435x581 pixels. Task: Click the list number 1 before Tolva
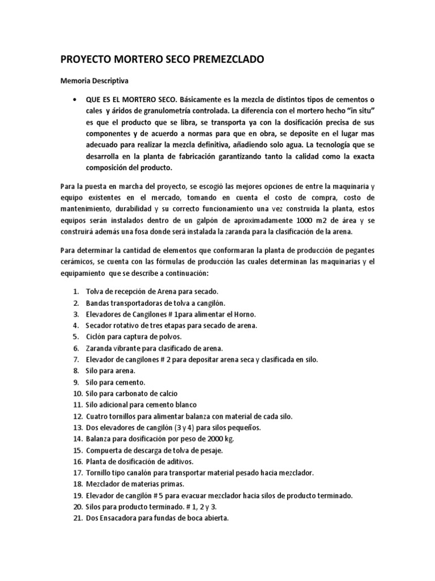76,291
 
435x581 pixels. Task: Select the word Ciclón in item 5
99,336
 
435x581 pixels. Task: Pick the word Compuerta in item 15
105,450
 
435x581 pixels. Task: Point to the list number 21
77,519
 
